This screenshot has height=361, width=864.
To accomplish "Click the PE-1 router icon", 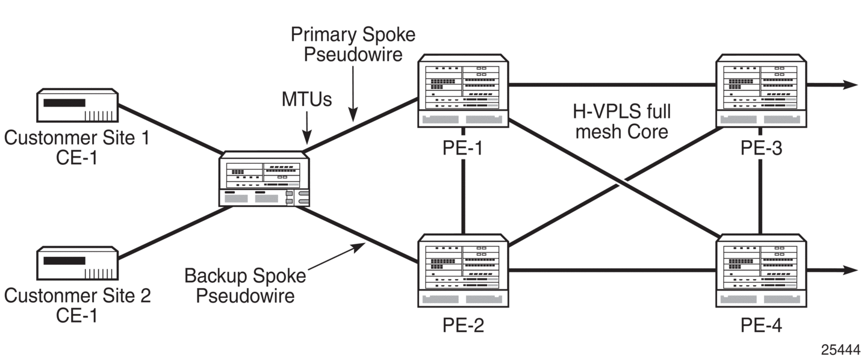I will (x=463, y=93).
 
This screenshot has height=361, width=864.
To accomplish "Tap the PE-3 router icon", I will (x=760, y=93).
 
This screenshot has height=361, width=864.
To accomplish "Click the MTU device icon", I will (x=264, y=179).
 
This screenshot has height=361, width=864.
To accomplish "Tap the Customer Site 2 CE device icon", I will (x=77, y=264).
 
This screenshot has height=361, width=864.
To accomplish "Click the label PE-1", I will (x=462, y=147).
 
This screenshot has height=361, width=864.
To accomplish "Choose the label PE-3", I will (x=761, y=147).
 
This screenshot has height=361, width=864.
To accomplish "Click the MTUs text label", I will (x=306, y=99).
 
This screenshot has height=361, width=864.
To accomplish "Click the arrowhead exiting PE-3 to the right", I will (x=850, y=85).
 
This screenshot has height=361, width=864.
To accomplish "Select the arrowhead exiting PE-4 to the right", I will (x=850, y=271).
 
